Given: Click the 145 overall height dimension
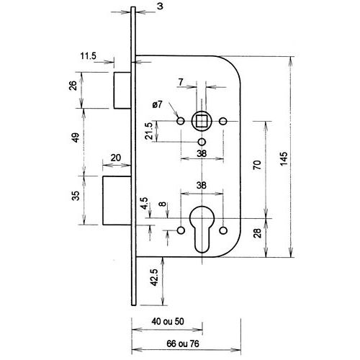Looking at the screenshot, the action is (284, 158).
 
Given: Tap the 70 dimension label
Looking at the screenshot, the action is (257, 165).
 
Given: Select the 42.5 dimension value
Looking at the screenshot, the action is (155, 277).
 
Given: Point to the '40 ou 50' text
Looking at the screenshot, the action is (168, 322).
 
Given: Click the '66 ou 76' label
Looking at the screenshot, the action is (183, 344).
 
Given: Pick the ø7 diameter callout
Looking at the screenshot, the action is (158, 104).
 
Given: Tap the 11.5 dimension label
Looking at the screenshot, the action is (88, 56).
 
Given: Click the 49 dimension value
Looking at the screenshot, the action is (76, 138).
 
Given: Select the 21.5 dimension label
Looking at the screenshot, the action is (149, 131).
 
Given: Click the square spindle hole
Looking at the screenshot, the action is (202, 121).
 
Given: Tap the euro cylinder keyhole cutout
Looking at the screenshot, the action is (202, 229).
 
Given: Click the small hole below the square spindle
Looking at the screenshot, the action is (202, 142).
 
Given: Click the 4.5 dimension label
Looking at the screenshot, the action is (145, 203).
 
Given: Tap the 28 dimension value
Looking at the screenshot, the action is (257, 233).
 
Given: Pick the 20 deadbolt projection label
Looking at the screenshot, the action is (116, 158).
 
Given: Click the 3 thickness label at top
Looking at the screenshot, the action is (160, 6).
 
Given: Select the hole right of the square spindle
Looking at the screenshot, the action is (223, 121).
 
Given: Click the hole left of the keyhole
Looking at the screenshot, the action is (181, 230).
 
